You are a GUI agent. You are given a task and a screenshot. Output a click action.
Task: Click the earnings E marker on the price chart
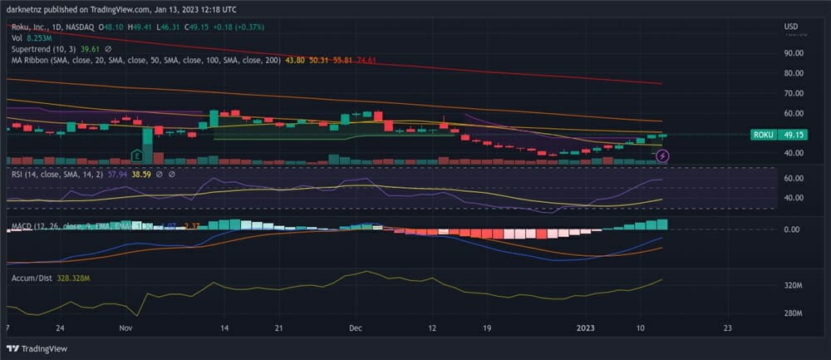point(137,155)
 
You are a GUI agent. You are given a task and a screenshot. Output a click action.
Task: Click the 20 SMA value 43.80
point(294,61)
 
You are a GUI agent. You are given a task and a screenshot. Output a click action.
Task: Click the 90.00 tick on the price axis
point(793,53)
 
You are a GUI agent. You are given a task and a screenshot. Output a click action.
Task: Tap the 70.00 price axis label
point(793,93)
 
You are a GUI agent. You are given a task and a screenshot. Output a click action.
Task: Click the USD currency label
point(790,27)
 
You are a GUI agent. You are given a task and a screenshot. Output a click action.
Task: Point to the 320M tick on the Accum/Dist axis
point(793,285)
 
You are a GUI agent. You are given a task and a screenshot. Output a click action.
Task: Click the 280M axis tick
point(793,313)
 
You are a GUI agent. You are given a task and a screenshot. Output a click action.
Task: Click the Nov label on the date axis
point(125,328)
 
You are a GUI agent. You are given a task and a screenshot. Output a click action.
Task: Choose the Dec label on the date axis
point(355,328)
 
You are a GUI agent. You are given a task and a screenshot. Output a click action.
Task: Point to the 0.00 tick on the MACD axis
point(792,229)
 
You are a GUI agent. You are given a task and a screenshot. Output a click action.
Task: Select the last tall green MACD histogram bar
point(661,224)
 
